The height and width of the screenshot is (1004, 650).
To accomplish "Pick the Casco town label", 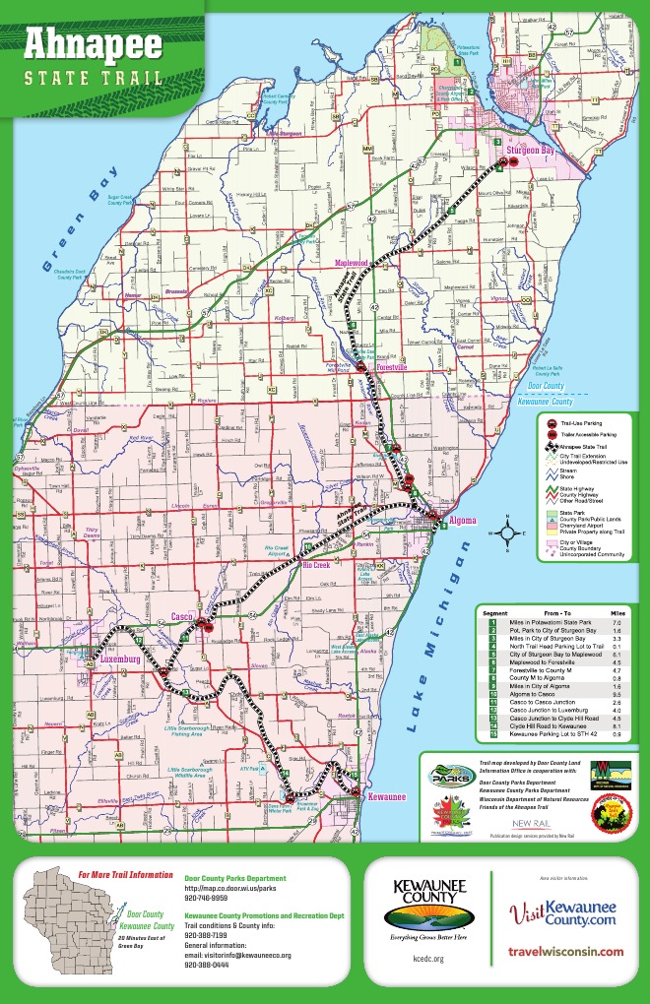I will tap(180, 616).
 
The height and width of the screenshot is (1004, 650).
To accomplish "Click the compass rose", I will tap(505, 534).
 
